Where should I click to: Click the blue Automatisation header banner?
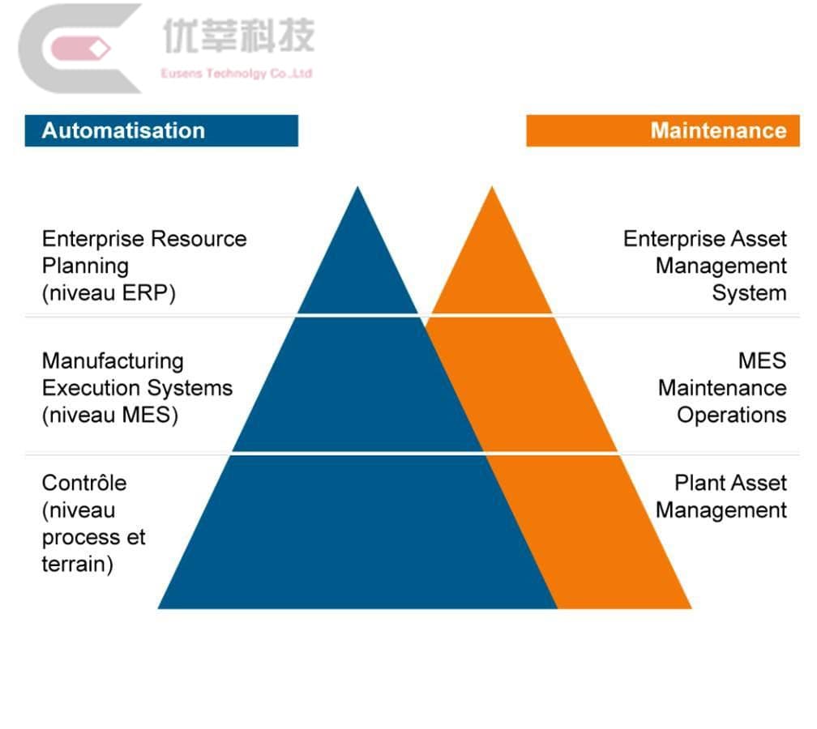[161, 130]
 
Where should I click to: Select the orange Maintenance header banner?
[662, 130]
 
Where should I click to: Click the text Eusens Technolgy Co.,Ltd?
[236, 74]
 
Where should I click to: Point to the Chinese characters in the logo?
[238, 36]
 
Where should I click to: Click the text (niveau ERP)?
[109, 293]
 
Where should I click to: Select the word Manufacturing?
[113, 361]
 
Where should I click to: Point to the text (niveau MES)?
[109, 416]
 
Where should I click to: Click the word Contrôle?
[84, 483]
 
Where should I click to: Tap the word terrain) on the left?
[77, 564]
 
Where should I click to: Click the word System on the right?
[749, 293]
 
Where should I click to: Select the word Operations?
[731, 416]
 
